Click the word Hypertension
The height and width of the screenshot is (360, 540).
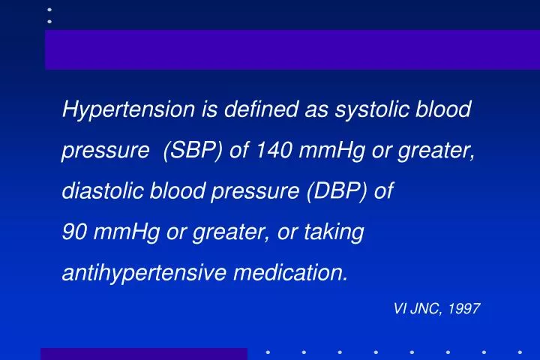(x=128, y=110)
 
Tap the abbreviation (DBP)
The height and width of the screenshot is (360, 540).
(x=335, y=192)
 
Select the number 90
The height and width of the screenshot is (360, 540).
(x=73, y=232)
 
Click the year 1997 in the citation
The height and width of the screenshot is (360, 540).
(x=464, y=309)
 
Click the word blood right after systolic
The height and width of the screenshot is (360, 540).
(x=442, y=110)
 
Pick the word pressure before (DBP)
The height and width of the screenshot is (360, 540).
(x=255, y=192)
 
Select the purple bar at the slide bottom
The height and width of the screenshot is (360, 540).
(x=143, y=354)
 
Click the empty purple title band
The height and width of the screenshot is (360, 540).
(x=292, y=49)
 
